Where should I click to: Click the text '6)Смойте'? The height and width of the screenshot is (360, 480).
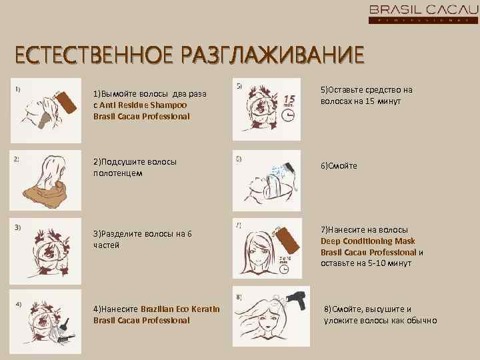339,165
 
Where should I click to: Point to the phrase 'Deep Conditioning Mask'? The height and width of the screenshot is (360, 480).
367,241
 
